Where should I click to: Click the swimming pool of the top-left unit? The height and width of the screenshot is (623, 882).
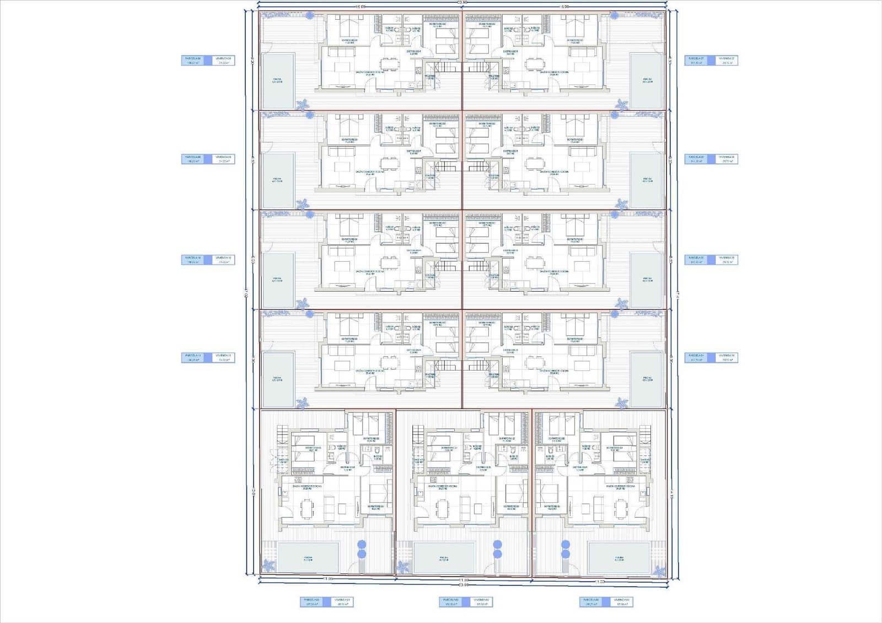click(x=277, y=80)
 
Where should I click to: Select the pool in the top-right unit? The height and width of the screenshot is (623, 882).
click(x=646, y=80)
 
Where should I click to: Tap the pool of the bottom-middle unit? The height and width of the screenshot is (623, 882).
click(x=444, y=557)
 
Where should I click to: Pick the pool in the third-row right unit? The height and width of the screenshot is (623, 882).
click(x=646, y=280)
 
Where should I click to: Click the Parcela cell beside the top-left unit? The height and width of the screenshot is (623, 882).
click(x=193, y=61)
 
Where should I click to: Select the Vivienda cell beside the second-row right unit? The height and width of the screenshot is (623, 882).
click(x=727, y=159)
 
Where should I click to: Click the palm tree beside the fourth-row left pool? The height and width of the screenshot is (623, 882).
click(x=302, y=404)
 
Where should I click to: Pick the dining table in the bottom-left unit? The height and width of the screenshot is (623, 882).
click(x=306, y=508)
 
